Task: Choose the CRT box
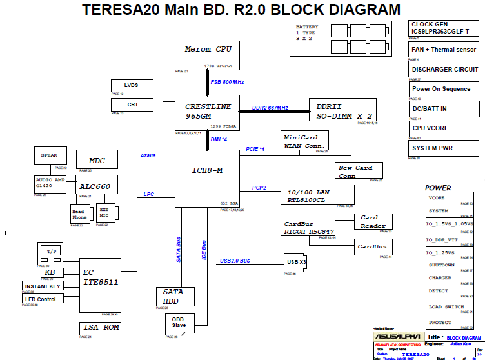pyautogui.click(x=132, y=105)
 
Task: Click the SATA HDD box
pyautogui.click(x=173, y=296)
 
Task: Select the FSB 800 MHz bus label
pyautogui.click(x=227, y=82)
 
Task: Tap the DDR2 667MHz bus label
pyautogui.click(x=270, y=108)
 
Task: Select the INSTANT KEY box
pyautogui.click(x=43, y=286)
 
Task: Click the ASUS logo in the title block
pyautogui.click(x=397, y=337)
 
